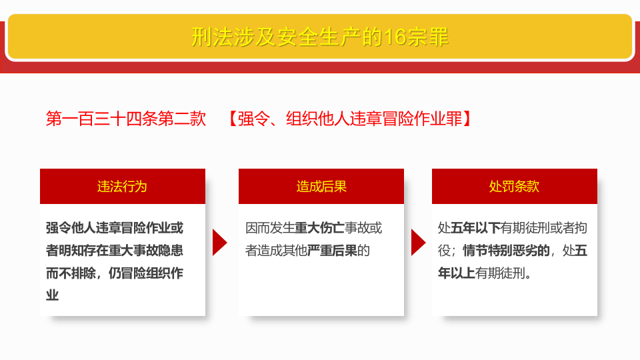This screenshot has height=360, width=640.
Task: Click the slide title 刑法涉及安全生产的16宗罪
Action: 320,37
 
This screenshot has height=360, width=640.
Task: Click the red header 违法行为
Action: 122,187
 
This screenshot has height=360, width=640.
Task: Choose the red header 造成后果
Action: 321,187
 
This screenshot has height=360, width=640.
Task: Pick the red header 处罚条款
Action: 514,187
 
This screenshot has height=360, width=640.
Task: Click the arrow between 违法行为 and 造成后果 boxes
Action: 219,242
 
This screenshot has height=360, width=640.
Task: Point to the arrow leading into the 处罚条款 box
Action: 418,242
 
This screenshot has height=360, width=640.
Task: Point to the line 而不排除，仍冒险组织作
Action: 115,273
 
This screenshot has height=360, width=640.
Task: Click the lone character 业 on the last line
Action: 53,295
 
